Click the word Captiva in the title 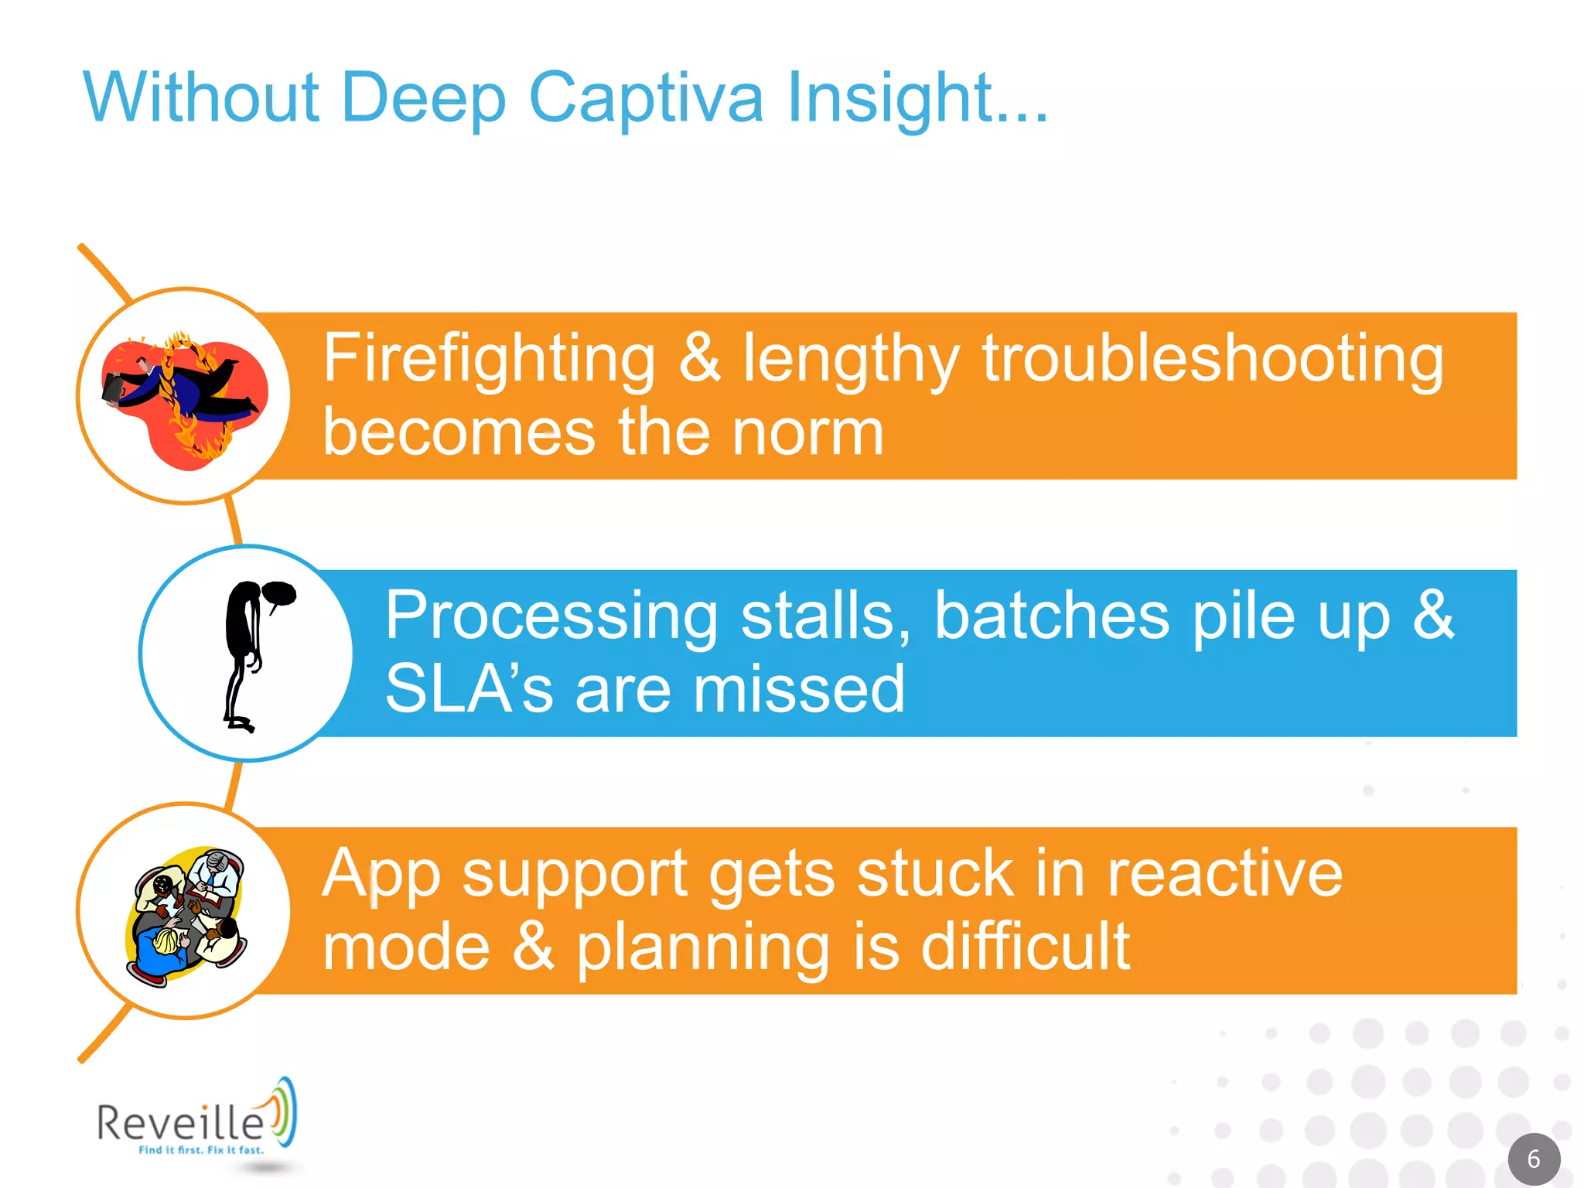pyautogui.click(x=646, y=98)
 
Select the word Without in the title pyautogui.click(x=201, y=98)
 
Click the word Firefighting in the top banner pyautogui.click(x=489, y=359)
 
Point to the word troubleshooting pyautogui.click(x=1213, y=359)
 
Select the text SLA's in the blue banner pyautogui.click(x=469, y=688)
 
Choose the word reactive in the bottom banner pyautogui.click(x=1225, y=874)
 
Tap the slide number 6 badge pyautogui.click(x=1534, y=1159)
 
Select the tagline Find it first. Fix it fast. pyautogui.click(x=201, y=1150)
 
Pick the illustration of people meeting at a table pyautogui.click(x=186, y=916)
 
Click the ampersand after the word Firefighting pyautogui.click(x=699, y=359)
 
